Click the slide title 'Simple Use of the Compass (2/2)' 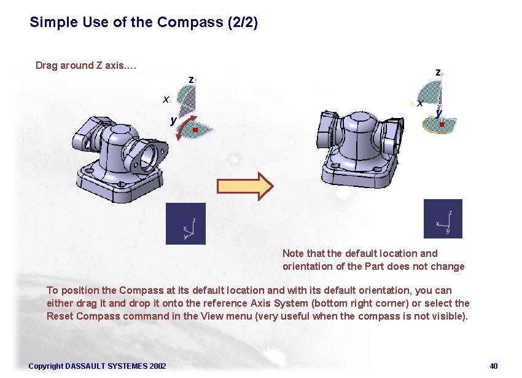pyautogui.click(x=144, y=23)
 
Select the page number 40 pyautogui.click(x=493, y=366)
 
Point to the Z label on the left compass pyautogui.click(x=191, y=79)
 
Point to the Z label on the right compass pyautogui.click(x=437, y=72)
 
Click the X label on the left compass pyautogui.click(x=165, y=99)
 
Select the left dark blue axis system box pyautogui.click(x=185, y=224)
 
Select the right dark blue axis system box pyautogui.click(x=443, y=219)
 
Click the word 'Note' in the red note pyautogui.click(x=293, y=253)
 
